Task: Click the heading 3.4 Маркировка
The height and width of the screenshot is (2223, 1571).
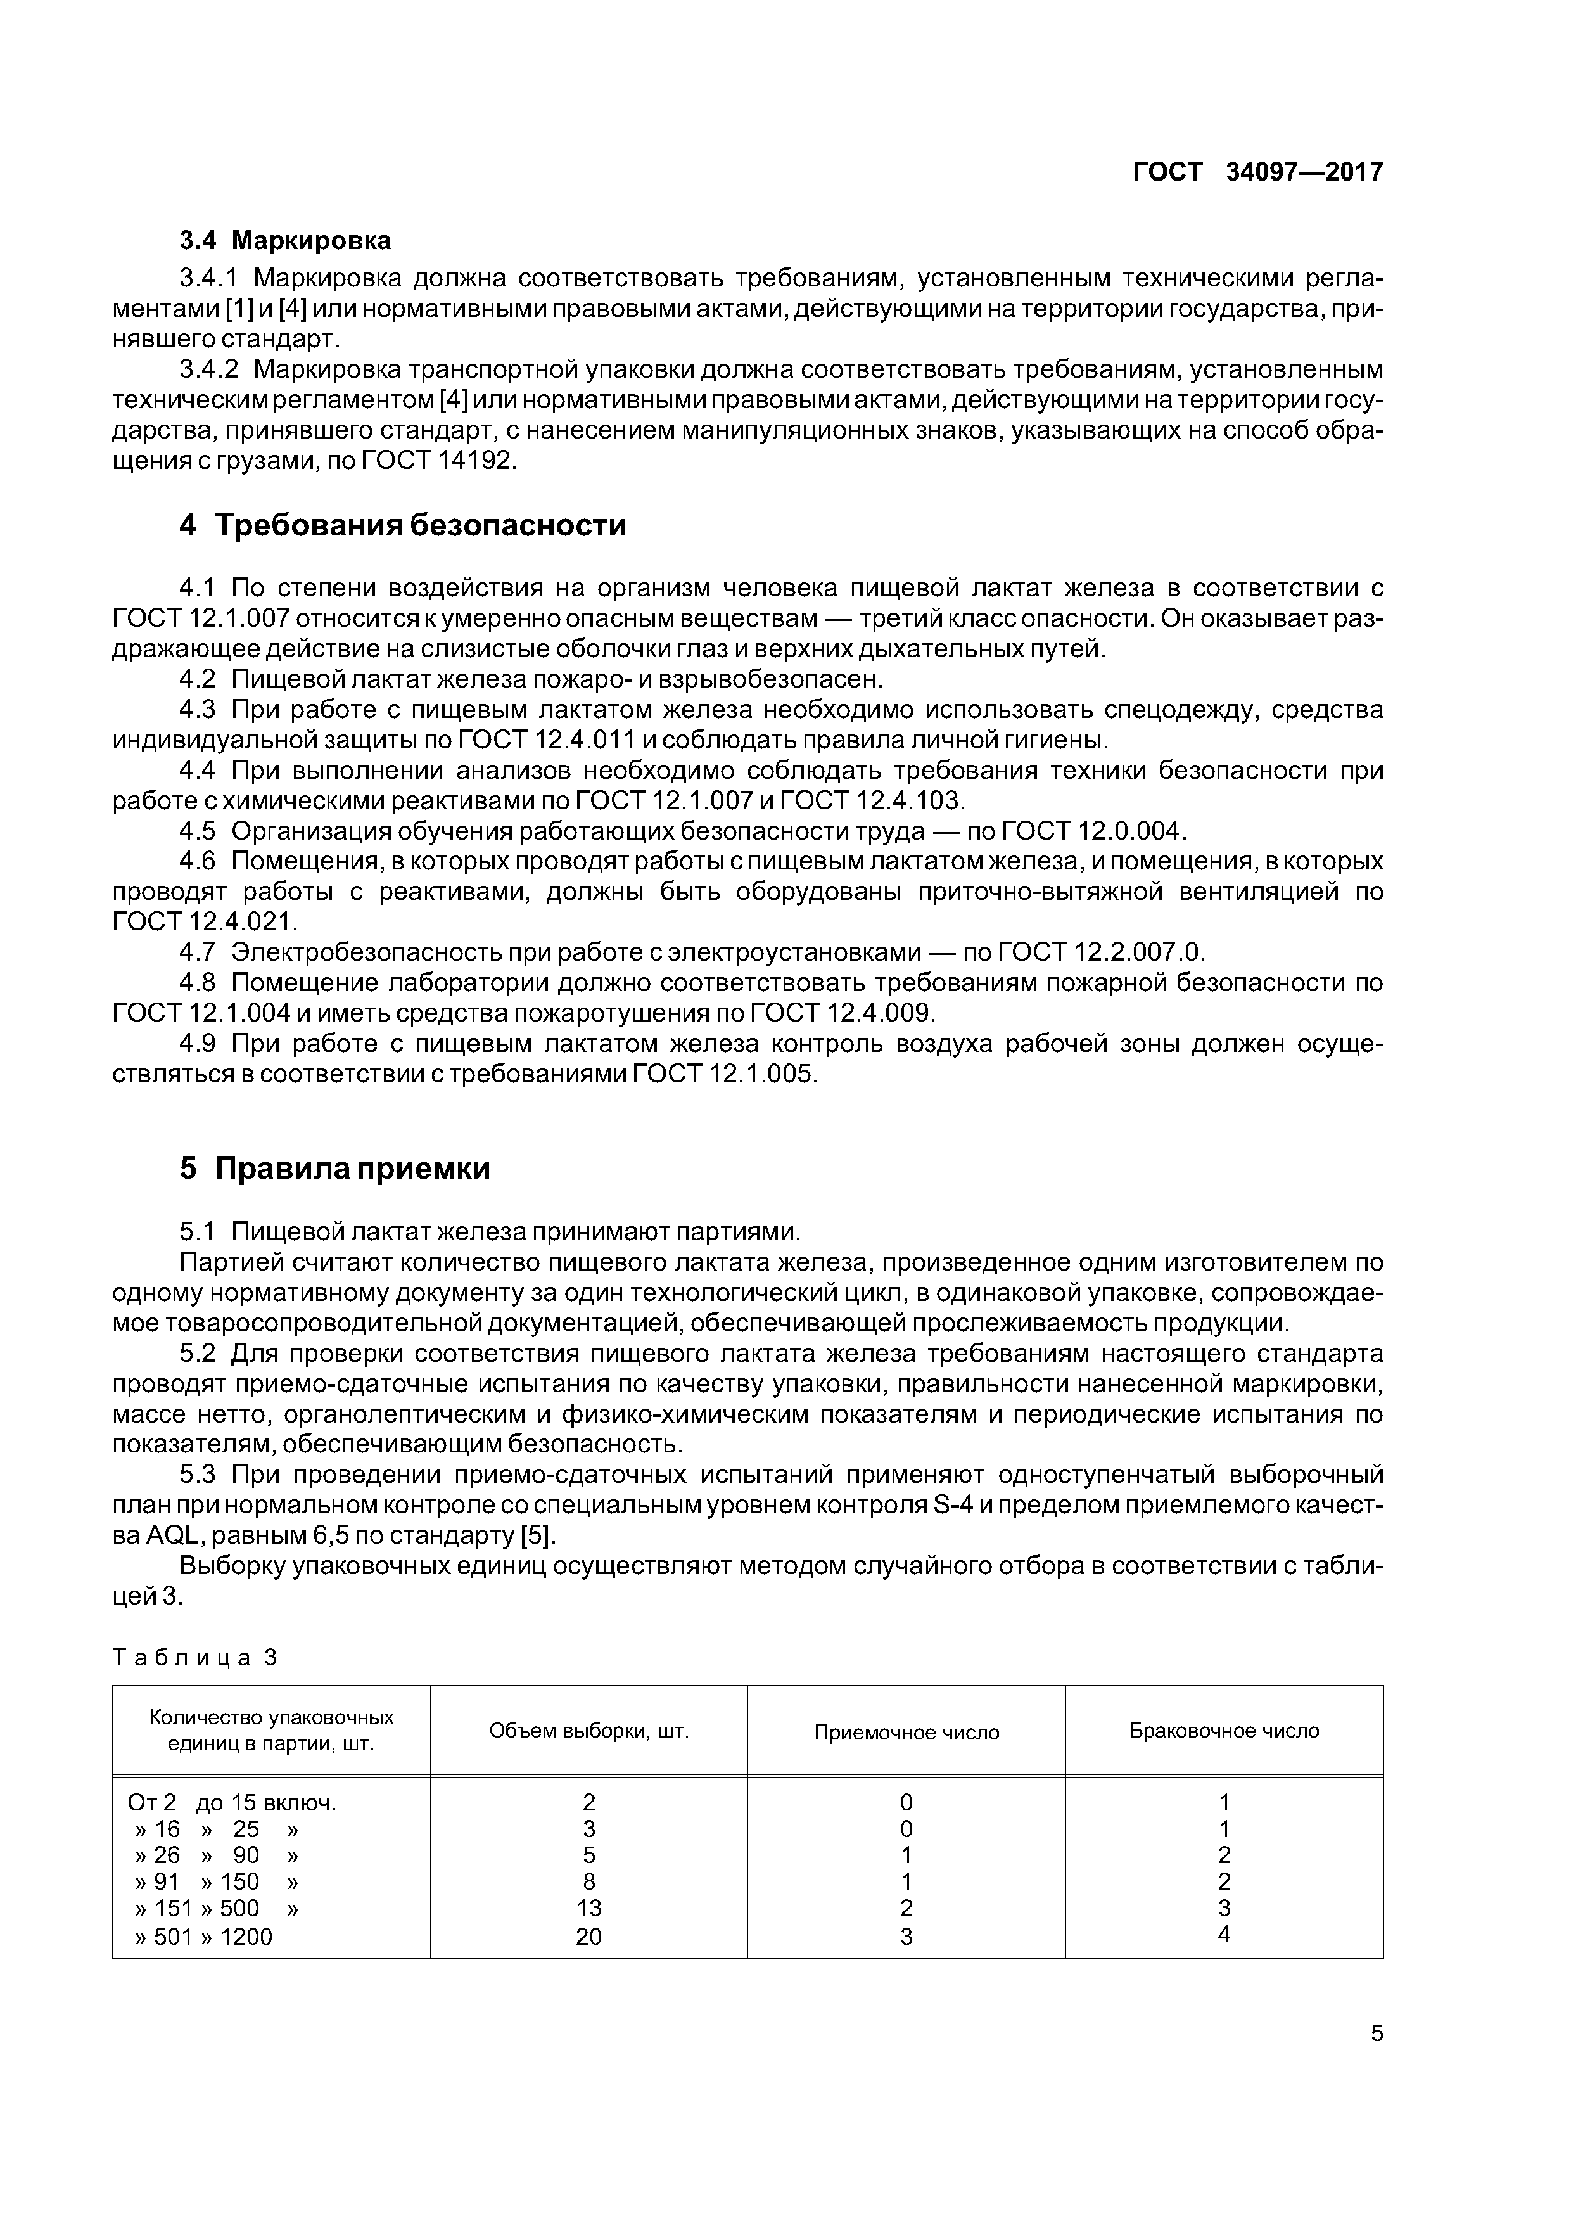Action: point(286,240)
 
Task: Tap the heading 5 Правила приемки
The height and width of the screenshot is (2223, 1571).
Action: point(335,1169)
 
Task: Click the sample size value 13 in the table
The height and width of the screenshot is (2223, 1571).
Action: point(588,1908)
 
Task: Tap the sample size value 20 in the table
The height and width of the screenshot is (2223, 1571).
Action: point(588,1935)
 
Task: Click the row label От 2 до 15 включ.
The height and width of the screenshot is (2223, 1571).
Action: point(232,1803)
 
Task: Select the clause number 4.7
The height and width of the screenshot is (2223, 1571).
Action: point(196,952)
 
